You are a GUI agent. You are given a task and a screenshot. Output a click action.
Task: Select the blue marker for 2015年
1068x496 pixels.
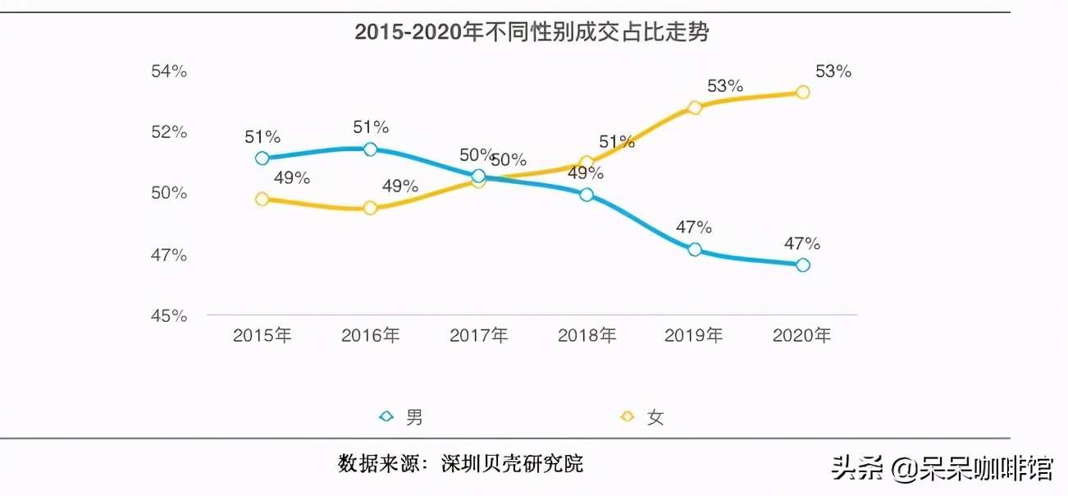pyautogui.click(x=262, y=158)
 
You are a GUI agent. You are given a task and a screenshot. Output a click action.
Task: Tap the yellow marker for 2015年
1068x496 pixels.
pyautogui.click(x=262, y=199)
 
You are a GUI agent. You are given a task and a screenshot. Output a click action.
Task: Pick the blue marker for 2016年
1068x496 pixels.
pyautogui.click(x=370, y=149)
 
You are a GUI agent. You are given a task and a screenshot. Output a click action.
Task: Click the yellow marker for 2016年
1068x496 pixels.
pyautogui.click(x=370, y=209)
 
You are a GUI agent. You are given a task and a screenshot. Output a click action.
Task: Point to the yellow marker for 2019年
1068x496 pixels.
pyautogui.click(x=695, y=108)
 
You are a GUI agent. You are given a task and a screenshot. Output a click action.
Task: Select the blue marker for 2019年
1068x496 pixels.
pyautogui.click(x=695, y=250)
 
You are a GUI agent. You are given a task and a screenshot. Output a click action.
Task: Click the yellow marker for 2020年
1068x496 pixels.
pyautogui.click(x=803, y=92)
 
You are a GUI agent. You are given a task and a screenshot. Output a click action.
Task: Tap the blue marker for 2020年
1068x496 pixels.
pyautogui.click(x=803, y=264)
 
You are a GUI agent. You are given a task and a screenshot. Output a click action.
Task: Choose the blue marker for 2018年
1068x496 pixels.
pyautogui.click(x=586, y=195)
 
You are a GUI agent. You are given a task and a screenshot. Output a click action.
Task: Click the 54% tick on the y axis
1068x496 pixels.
pyautogui.click(x=169, y=71)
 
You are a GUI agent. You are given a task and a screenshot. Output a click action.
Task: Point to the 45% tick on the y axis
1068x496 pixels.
pyautogui.click(x=169, y=315)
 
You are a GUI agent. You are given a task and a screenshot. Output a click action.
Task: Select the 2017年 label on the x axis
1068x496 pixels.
pyautogui.click(x=478, y=336)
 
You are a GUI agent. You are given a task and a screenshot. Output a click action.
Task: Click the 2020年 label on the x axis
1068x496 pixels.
pyautogui.click(x=802, y=336)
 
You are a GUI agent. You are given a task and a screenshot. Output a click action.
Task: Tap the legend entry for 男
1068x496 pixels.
pyautogui.click(x=402, y=417)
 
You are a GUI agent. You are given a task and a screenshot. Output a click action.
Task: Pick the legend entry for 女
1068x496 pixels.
pyautogui.click(x=643, y=417)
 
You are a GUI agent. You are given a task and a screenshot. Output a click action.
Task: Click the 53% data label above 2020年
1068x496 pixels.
pyautogui.click(x=833, y=71)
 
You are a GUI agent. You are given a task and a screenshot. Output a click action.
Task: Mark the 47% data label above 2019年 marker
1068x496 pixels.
pyautogui.click(x=693, y=227)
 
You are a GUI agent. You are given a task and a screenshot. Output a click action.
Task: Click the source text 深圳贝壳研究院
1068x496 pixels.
pyautogui.click(x=513, y=463)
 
